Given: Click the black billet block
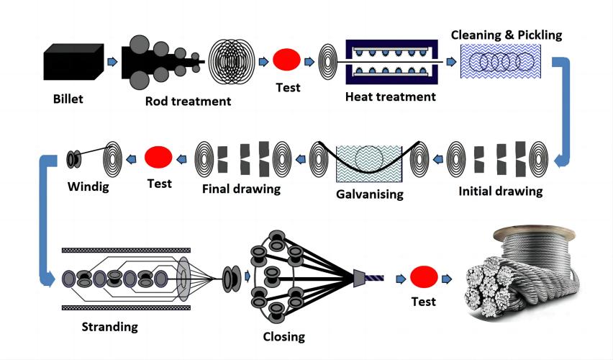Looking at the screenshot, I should [x=71, y=62].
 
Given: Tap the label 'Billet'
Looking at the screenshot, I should [x=68, y=99].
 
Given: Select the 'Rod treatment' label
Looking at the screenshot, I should [x=188, y=101].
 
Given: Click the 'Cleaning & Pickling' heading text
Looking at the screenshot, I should [x=506, y=35].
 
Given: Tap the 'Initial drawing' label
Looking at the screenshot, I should [x=500, y=192].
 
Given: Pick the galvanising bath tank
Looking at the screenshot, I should [x=370, y=165].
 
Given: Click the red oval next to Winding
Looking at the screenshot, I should [x=158, y=156].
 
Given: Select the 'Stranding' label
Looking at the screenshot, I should [x=109, y=327].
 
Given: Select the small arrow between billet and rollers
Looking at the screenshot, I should [x=111, y=63].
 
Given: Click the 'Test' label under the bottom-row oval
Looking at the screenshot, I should [x=423, y=302].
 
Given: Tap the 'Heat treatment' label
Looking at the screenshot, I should [x=390, y=96].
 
